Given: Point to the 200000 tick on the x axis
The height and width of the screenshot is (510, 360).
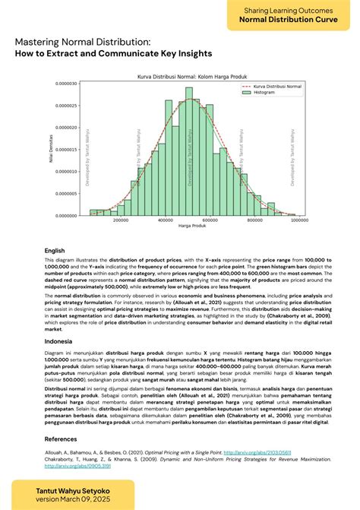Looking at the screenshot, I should tap(120, 220).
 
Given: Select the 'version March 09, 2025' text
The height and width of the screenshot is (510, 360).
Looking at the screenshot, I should tap(70, 502).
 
